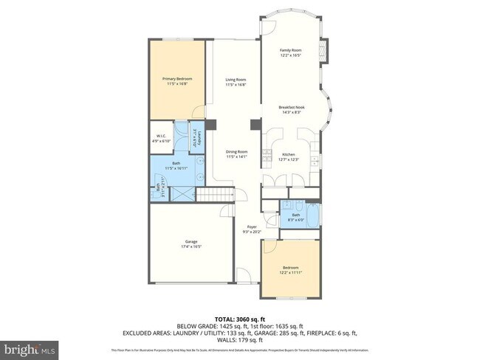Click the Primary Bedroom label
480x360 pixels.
(176, 77)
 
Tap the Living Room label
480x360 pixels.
(236, 80)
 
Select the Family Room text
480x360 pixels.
(290, 50)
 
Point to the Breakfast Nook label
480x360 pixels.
(292, 107)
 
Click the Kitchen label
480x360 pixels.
(289, 154)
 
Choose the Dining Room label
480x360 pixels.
(236, 151)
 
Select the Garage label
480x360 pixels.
(191, 242)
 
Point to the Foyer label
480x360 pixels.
(252, 227)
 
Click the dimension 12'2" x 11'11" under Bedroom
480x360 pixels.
(290, 272)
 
